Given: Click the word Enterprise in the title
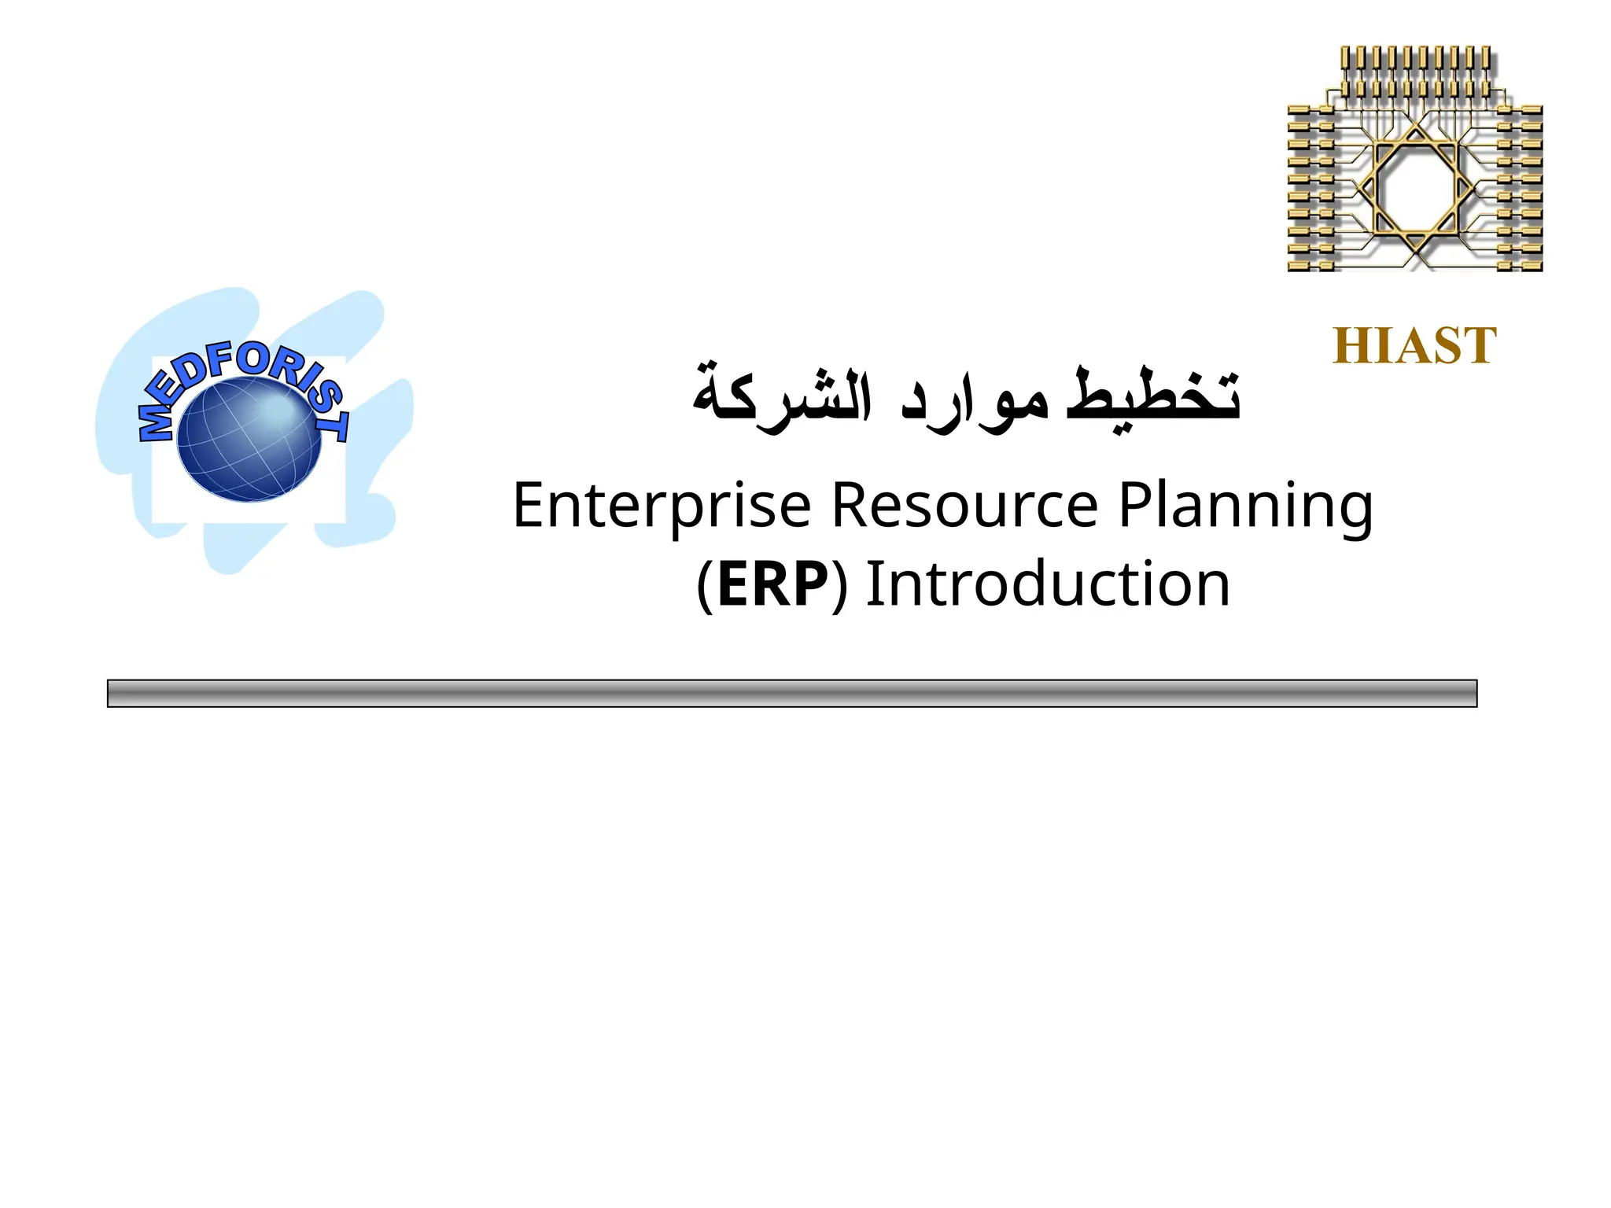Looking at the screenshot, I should click(662, 506).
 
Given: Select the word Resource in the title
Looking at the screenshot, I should click(964, 506).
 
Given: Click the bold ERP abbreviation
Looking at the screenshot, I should click(772, 584).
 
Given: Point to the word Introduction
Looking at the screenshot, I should click(1048, 584).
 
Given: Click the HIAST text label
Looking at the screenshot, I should click(1414, 346).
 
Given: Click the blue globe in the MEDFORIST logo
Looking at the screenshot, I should click(249, 439).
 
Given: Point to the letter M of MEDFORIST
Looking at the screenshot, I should click(155, 423).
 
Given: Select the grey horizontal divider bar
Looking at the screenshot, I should click(791, 693).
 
